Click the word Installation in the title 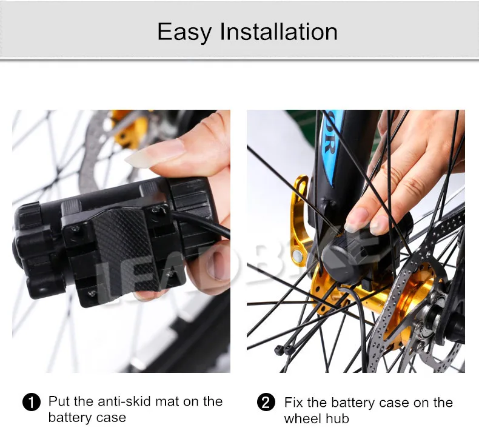[x=279, y=32]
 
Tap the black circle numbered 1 [x=31, y=403]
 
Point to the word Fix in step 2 [x=294, y=403]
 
